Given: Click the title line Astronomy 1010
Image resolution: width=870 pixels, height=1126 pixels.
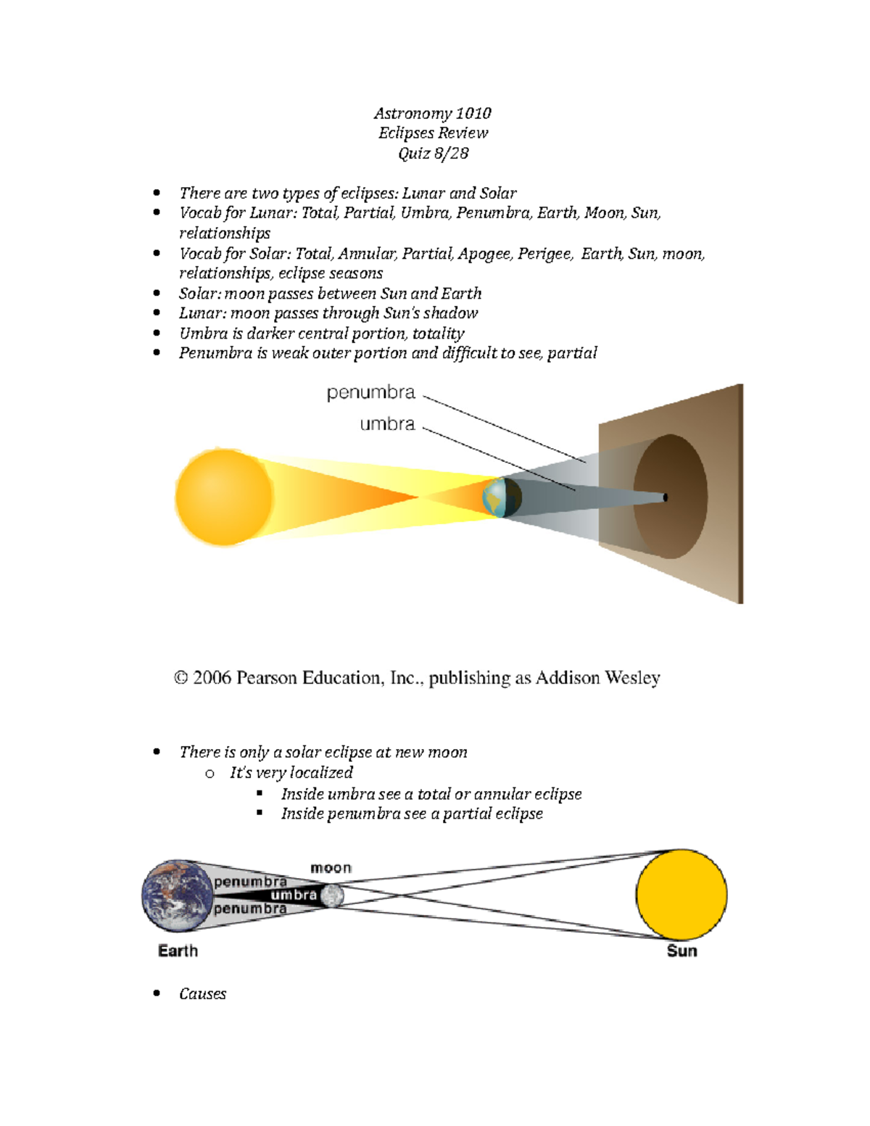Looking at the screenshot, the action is point(433,113).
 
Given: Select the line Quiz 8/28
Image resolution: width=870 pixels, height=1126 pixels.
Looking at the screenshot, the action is point(433,153).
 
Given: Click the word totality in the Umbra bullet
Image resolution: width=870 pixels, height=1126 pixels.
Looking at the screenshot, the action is point(438,334).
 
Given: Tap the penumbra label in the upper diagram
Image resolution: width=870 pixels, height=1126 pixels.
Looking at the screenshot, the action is point(370,392).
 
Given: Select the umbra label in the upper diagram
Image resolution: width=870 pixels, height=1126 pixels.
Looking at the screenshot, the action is point(387,423).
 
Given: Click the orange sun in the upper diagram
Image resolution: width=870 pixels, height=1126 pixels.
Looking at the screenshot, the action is point(223,497).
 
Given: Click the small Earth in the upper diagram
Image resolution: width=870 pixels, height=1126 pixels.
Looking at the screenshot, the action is point(502,497).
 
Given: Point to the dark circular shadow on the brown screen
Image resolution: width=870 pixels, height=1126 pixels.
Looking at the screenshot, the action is point(671,497).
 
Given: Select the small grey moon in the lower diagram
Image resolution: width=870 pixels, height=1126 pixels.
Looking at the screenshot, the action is point(333,896).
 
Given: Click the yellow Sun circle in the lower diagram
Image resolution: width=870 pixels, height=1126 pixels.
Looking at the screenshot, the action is point(681,894).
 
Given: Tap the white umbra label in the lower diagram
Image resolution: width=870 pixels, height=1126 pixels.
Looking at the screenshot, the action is point(294,895).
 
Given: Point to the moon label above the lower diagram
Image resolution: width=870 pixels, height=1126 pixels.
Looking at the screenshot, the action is point(331,868).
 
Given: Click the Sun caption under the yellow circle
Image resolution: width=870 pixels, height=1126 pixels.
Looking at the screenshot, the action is point(681,951).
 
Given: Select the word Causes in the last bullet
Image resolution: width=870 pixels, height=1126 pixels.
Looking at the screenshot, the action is point(202,994).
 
